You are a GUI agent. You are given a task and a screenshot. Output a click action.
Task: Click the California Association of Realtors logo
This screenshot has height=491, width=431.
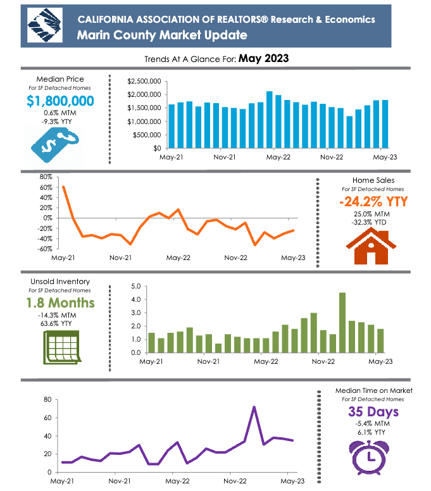pos(45,26)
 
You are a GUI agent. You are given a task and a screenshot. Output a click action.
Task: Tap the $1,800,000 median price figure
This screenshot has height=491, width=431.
pos(61,101)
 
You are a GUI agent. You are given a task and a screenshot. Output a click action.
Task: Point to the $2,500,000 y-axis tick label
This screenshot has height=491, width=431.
pos(144,82)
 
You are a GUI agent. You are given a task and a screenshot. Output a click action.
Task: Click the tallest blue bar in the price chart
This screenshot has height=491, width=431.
pos(270,119)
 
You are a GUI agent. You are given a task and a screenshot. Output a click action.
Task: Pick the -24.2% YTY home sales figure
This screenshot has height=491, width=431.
pos(373,202)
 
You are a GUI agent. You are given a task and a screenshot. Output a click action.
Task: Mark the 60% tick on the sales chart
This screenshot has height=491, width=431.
pos(45,187)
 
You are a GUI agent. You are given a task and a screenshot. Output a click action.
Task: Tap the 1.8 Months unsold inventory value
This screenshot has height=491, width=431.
pos(60,302)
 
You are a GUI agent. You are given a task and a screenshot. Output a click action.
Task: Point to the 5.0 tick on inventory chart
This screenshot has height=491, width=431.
pos(134,287)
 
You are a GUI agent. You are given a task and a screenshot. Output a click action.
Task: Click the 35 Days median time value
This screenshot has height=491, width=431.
pos(373,413)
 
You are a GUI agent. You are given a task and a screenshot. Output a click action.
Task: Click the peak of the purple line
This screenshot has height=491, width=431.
pos(254,407)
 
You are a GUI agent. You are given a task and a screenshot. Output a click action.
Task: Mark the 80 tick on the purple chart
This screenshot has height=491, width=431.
pos(46,400)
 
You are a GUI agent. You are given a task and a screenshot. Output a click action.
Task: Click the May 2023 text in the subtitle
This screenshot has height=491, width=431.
pos(264,59)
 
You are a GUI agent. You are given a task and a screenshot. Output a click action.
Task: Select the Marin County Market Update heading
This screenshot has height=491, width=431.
pos(162,35)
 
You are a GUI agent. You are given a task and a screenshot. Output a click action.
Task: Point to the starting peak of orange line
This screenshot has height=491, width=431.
pos(63,187)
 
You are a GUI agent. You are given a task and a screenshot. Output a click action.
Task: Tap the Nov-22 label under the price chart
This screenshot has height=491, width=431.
pos(332,158)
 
